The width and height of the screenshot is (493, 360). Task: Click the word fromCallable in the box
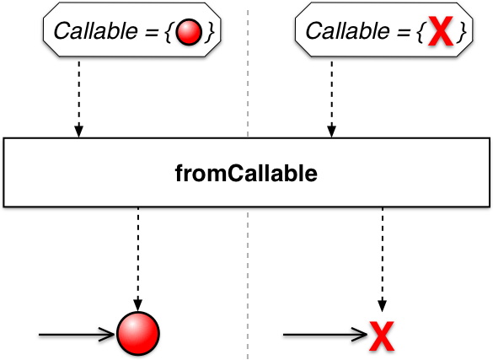coord(246,173)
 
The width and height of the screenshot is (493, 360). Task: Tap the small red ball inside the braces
coord(189,32)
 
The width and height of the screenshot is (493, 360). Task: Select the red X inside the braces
coord(441,31)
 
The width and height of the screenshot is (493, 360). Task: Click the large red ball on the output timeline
coord(138,333)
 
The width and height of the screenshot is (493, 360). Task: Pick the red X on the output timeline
coord(382,336)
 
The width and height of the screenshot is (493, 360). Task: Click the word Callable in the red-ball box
coord(96,31)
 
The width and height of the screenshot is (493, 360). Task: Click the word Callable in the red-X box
coord(348,31)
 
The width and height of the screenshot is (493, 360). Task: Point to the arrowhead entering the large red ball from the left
coord(108,335)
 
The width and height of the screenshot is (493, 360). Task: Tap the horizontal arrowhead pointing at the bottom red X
coord(359,335)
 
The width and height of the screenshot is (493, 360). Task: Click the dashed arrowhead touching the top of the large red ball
coord(138,305)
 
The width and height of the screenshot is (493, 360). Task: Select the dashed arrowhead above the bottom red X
coord(382,306)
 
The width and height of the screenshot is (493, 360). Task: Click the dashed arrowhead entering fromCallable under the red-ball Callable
coord(79,132)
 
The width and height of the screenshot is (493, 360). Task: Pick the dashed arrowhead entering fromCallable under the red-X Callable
coord(332,132)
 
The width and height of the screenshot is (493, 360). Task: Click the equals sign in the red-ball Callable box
coord(151,32)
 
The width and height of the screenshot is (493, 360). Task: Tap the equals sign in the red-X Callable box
coord(404,32)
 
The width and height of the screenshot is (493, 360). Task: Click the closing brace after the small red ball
coord(210,32)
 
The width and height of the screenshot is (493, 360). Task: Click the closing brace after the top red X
coord(462,32)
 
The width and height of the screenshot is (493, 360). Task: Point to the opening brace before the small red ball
coord(169,32)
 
